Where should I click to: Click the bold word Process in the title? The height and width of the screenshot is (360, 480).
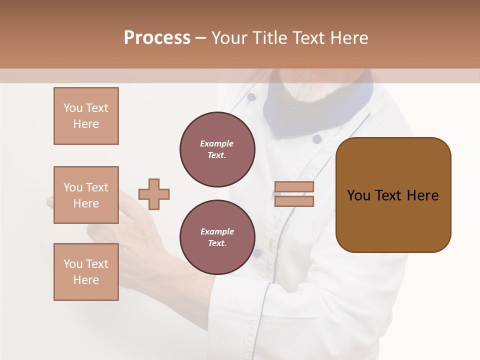point(157,38)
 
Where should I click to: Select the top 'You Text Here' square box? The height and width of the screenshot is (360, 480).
point(86,116)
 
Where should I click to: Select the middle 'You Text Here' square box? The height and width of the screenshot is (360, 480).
point(86,195)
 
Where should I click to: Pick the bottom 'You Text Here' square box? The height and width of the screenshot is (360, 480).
point(86,272)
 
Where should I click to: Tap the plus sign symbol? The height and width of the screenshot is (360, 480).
point(154,194)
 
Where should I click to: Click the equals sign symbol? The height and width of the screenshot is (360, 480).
point(294,194)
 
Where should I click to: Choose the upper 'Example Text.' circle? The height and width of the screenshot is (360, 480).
point(217,149)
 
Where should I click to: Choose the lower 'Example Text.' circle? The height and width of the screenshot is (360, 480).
point(217,237)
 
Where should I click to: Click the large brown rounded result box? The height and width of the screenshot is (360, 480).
point(393,195)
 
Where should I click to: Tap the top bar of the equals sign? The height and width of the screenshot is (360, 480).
point(294,187)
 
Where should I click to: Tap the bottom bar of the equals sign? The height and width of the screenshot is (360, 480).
point(294,201)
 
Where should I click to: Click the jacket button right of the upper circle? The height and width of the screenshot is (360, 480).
point(316,139)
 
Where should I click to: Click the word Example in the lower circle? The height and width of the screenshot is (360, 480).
point(217,231)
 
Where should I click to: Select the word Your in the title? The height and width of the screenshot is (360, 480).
point(229,38)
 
